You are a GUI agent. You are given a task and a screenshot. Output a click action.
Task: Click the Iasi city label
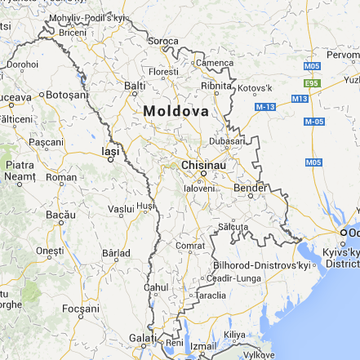coord(109,151)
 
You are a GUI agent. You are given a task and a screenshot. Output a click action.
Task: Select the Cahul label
coord(155,287)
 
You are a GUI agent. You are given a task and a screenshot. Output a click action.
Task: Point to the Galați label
coord(140,338)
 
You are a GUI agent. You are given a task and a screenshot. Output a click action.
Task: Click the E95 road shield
coord(310,82)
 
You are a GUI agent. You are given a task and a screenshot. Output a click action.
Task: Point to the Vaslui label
coord(121,209)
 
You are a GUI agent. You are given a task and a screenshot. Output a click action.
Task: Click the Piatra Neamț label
coord(20,171)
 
